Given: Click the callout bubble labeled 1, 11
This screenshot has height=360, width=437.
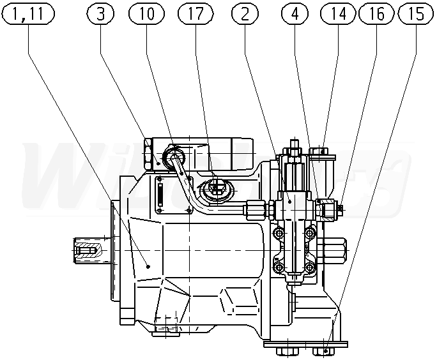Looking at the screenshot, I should coord(29,14).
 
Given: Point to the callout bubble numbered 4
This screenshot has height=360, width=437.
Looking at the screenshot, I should coord(294,14).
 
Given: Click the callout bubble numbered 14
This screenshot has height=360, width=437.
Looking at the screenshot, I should coord(338,14).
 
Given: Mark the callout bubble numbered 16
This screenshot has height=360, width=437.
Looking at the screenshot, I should coord(378,14).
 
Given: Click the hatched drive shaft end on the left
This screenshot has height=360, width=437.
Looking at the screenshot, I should coord(84,250).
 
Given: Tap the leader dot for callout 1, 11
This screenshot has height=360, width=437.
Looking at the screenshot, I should coord(148,267).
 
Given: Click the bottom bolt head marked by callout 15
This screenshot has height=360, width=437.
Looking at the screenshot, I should coord(325,350).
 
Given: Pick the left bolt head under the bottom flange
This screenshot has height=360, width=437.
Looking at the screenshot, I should coord(282,349).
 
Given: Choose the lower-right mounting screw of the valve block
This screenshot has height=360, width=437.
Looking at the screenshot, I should coord(310,266).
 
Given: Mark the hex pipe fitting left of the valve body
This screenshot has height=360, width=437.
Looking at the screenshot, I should coord(254,209).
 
